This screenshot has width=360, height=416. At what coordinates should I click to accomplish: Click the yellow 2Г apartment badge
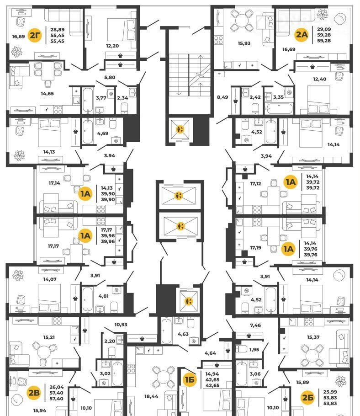pyautogui.click(x=35, y=35)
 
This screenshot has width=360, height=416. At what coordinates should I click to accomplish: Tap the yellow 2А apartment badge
pyautogui.click(x=302, y=34)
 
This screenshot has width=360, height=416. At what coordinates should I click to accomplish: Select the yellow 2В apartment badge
pyautogui.click(x=34, y=393)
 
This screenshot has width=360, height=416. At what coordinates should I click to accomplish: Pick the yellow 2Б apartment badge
pyautogui.click(x=308, y=397)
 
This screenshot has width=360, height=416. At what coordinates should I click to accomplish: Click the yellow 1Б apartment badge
pyautogui.click(x=190, y=379)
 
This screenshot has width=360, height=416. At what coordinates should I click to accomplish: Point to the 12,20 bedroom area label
pyautogui.click(x=112, y=46)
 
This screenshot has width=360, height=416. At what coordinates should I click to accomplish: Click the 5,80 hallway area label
pyautogui.click(x=110, y=77)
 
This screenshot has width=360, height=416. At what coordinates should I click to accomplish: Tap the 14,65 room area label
pyautogui.click(x=47, y=93)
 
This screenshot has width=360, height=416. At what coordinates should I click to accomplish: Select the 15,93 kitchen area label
pyautogui.click(x=244, y=43)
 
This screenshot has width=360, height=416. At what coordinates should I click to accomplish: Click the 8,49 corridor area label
pyautogui.click(x=222, y=97)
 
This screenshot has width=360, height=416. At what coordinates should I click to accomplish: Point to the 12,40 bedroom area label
pyautogui.click(x=319, y=79)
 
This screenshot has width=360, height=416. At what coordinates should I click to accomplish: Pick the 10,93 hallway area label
pyautogui.click(x=121, y=325)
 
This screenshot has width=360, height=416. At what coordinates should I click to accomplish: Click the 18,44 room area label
pyautogui.click(x=151, y=396)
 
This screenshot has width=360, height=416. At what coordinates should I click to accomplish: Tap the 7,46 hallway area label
pyautogui.click(x=255, y=325)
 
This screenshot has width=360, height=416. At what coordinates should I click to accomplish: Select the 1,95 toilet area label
pyautogui.click(x=254, y=350)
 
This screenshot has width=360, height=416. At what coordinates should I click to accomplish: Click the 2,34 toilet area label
pyautogui.click(x=122, y=98)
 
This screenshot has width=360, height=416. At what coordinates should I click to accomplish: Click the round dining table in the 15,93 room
pyautogui.click(x=242, y=20)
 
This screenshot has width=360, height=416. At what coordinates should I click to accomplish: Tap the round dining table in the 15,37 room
pyautogui.click(x=312, y=354)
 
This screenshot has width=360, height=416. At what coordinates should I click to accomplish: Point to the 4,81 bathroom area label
pyautogui.click(x=103, y=296)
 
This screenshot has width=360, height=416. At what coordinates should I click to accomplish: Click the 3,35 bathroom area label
pyautogui.click(x=278, y=97)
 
